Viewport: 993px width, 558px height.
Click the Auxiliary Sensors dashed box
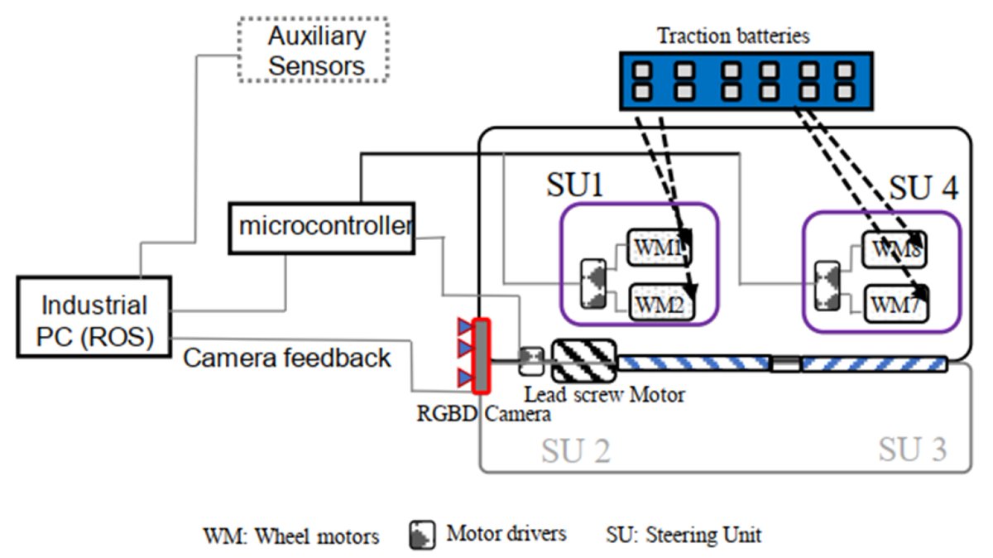[x=317, y=50]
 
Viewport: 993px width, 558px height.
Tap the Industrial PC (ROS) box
[x=94, y=317]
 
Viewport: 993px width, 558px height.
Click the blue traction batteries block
[x=745, y=81]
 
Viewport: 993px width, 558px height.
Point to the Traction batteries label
[x=733, y=36]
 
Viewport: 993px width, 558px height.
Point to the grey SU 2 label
[x=576, y=450]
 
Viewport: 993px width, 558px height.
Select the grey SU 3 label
[x=912, y=450]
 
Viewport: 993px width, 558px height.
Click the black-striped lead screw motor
[x=584, y=359]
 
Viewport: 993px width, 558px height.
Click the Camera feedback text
[x=286, y=358]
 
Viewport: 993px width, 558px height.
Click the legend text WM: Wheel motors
[x=291, y=536]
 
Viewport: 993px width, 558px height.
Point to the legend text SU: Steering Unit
[x=684, y=534]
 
